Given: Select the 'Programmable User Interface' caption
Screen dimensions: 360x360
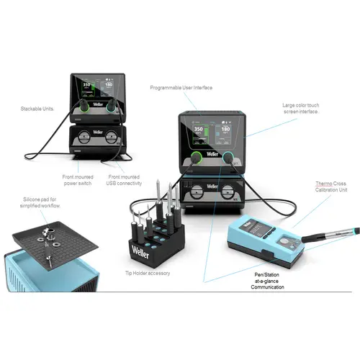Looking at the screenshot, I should coord(181,89).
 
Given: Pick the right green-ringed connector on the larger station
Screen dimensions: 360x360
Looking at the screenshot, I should coord(230,160).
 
